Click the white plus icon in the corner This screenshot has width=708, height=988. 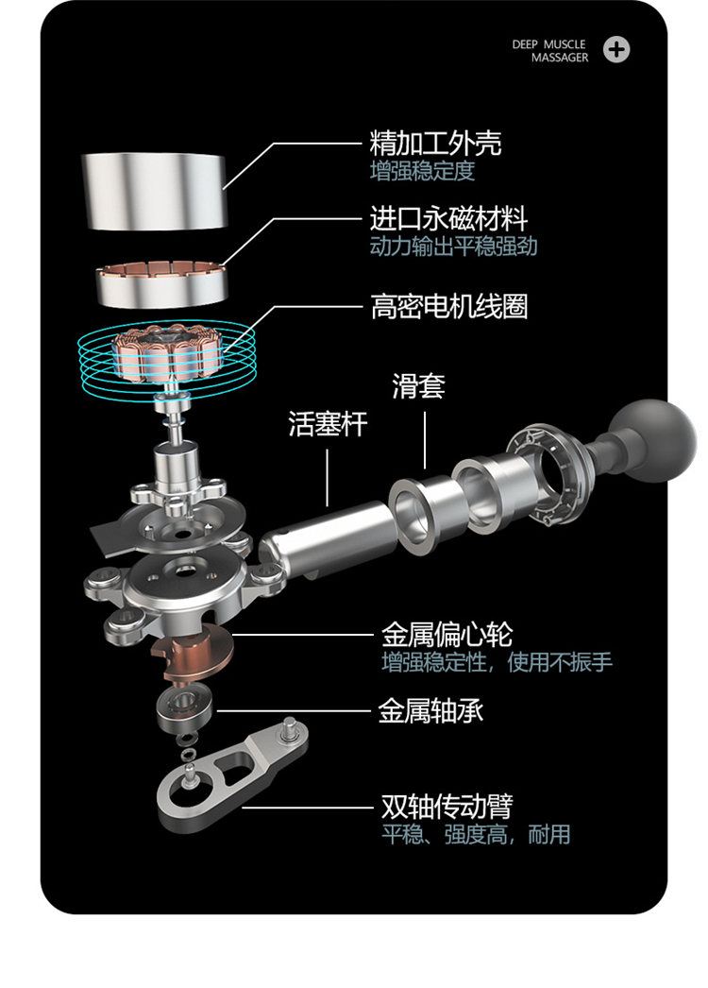[616, 50]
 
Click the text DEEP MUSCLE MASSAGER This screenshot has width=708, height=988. [550, 50]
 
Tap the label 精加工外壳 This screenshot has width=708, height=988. [435, 143]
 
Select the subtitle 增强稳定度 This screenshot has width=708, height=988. [422, 171]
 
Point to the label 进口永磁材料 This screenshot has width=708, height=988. [448, 218]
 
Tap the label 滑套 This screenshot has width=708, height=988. [418, 385]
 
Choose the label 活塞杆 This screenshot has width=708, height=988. [328, 423]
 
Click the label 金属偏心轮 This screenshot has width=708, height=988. [447, 635]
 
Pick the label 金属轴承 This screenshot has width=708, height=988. [430, 711]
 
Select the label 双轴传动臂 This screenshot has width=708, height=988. [447, 806]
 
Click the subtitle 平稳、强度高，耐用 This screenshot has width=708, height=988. [476, 834]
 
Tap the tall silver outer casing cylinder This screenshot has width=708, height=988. [154, 191]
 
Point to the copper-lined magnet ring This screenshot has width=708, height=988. [161, 285]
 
